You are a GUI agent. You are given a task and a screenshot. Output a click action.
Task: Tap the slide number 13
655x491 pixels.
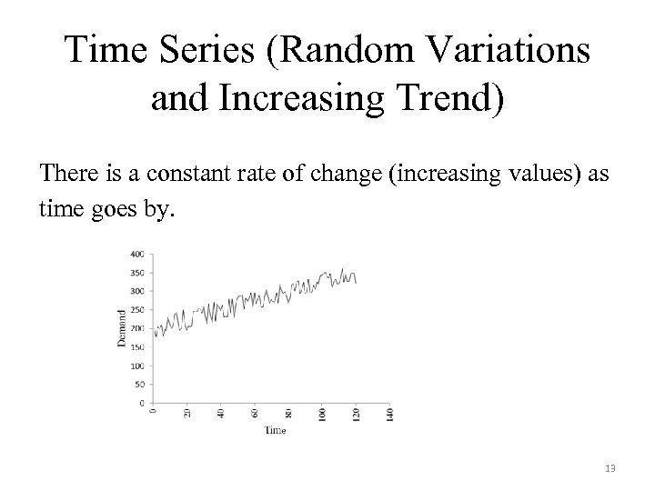610,468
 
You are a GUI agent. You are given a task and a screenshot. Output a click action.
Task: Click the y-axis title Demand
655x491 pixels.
122,326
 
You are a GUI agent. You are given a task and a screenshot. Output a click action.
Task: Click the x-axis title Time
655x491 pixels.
276,430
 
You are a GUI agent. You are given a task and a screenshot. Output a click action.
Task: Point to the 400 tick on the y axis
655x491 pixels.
137,254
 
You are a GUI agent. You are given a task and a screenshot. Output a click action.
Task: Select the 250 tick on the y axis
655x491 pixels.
137,309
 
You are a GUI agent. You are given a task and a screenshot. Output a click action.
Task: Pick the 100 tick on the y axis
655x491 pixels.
137,366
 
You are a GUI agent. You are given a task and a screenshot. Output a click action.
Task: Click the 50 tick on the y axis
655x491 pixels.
139,384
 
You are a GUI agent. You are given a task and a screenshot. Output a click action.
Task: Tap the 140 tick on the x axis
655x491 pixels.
390,414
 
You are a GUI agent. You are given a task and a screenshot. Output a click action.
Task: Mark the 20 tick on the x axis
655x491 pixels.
187,413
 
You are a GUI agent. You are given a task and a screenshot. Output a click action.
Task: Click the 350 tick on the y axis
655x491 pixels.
137,272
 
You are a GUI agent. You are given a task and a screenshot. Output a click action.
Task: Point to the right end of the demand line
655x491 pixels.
356,283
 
